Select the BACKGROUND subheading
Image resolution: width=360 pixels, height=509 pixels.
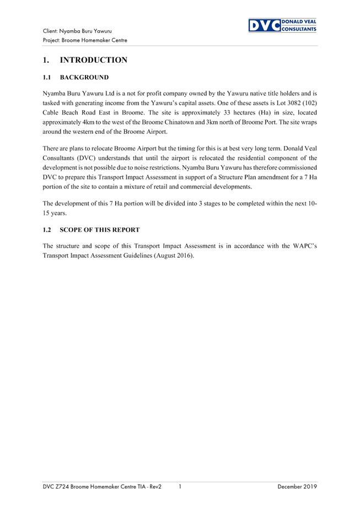pyautogui.click(x=84, y=77)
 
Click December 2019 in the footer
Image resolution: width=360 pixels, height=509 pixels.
pyautogui.click(x=297, y=486)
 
